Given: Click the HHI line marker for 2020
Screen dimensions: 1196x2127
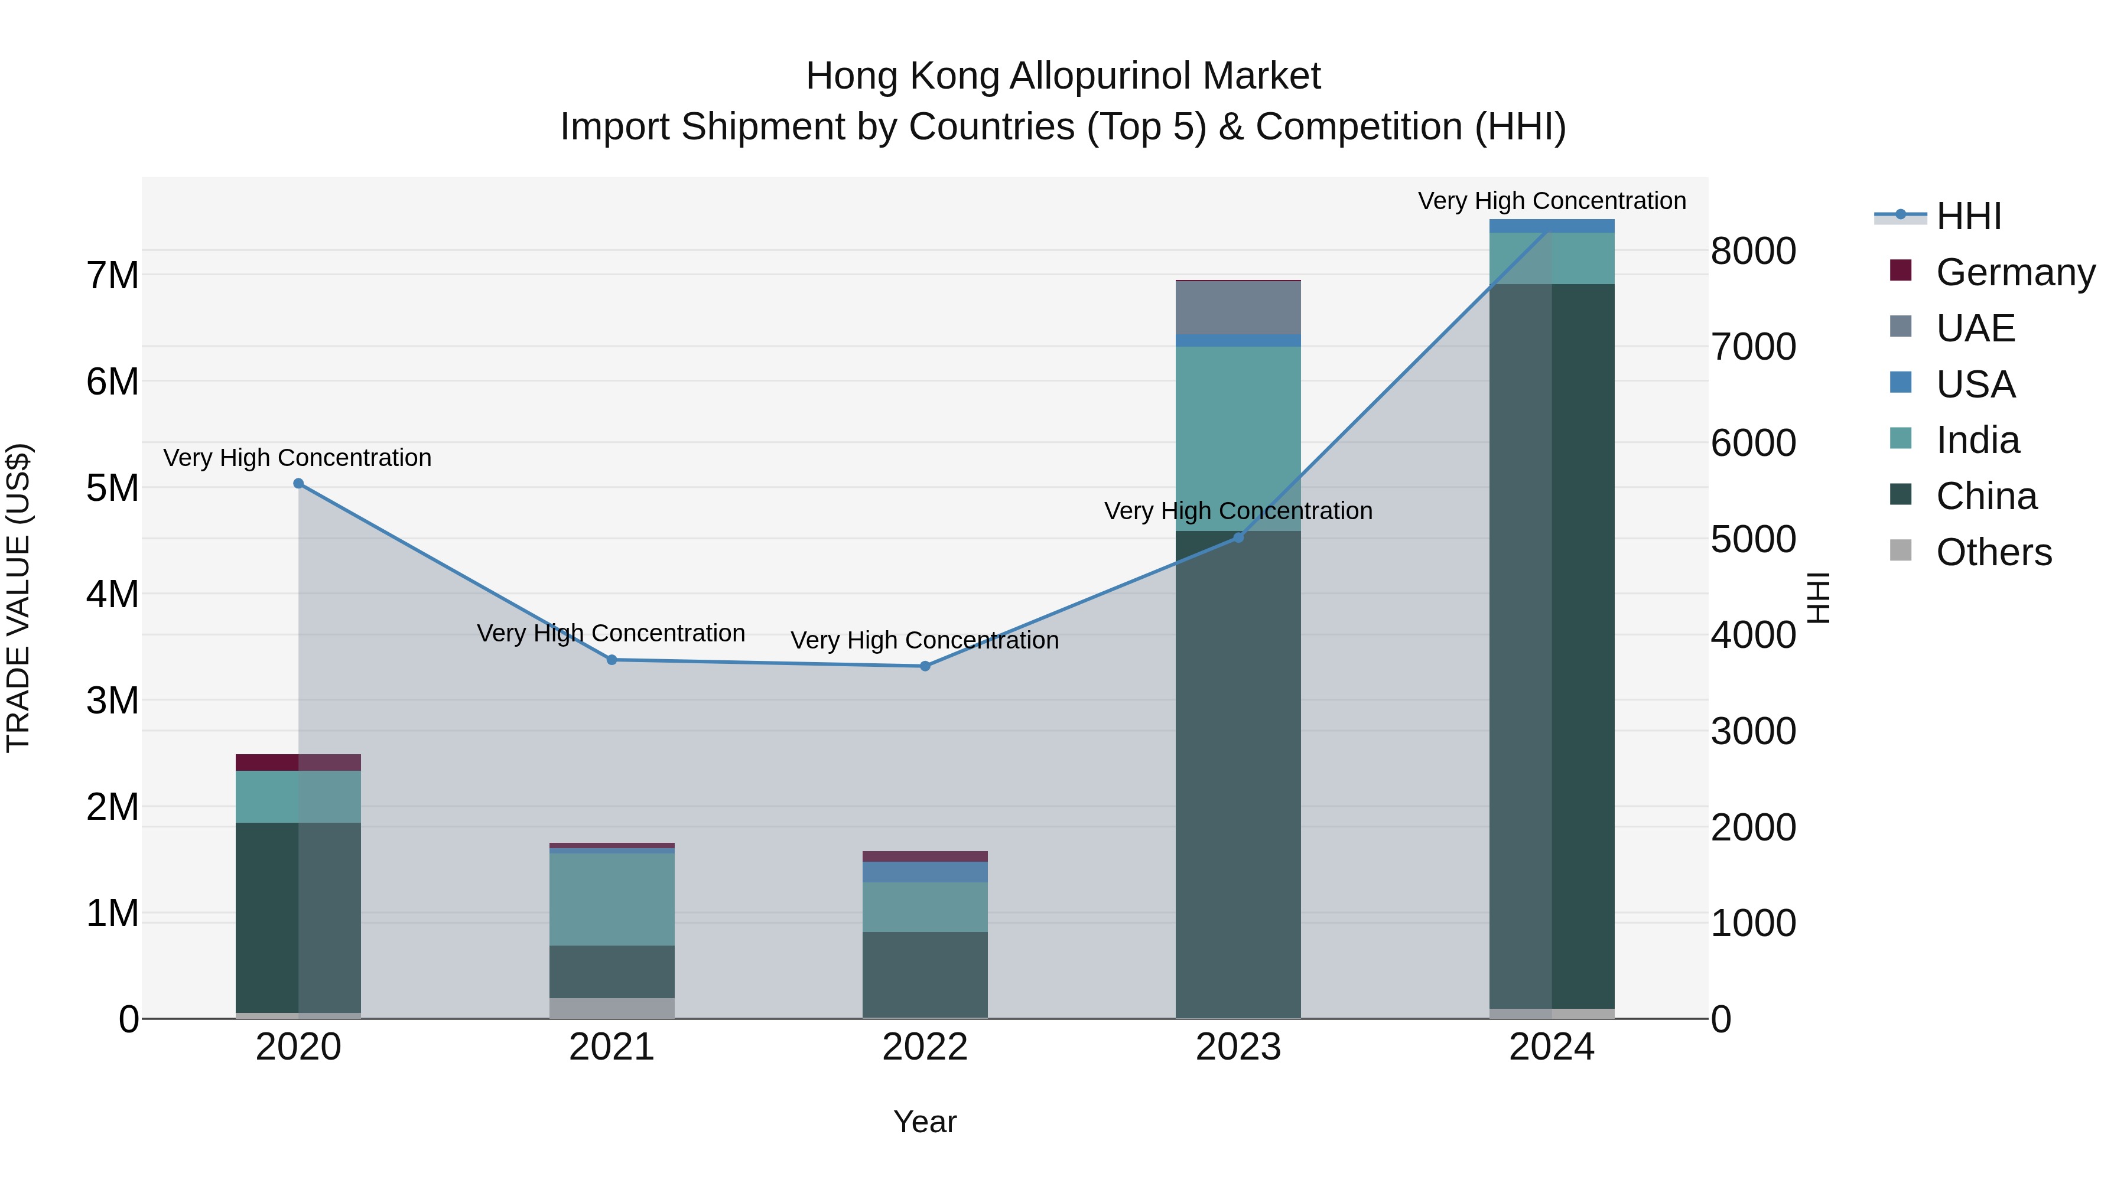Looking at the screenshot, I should click(299, 484).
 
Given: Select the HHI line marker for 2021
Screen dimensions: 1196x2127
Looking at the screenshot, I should click(612, 660).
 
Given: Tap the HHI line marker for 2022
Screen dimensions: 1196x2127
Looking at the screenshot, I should click(925, 666).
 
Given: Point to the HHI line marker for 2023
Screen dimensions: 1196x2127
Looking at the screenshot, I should click(1238, 537).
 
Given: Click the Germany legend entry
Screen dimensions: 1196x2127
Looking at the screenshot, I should click(2015, 272).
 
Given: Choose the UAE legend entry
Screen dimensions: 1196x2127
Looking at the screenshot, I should click(1975, 328).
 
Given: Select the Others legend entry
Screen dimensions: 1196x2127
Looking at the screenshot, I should click(1993, 552).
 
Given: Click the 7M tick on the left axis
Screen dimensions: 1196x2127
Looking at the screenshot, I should click(113, 276).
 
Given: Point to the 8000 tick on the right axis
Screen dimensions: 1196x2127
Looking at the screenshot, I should click(1753, 251).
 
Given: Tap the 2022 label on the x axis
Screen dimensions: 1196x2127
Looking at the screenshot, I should click(925, 1047).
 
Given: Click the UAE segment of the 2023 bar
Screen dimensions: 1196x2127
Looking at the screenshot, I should click(1238, 307).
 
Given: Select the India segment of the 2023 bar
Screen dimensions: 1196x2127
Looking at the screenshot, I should click(1238, 438).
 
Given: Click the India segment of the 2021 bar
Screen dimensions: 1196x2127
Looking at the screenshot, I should click(612, 899).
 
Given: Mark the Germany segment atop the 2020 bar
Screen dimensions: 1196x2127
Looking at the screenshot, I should click(299, 762).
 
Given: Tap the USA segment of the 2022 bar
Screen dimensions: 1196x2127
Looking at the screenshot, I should click(925, 872).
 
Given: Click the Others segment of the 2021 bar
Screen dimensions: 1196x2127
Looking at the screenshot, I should click(612, 1008).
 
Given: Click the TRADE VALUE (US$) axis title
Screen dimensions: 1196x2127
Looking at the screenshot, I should click(18, 598).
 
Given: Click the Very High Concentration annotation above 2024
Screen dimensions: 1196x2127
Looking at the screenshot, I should click(1552, 201).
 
